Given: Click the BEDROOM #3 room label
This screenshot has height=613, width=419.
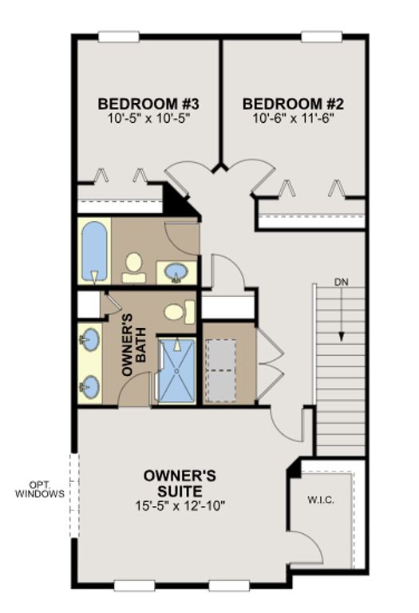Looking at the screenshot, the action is click(x=148, y=104).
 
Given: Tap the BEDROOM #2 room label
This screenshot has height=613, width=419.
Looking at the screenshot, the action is click(x=293, y=104).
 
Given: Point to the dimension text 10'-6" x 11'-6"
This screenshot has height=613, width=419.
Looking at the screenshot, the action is click(x=293, y=118).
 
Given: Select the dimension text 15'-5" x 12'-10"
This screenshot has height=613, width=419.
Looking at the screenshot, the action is click(x=180, y=506).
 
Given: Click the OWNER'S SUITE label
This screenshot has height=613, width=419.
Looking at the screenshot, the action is click(x=180, y=483).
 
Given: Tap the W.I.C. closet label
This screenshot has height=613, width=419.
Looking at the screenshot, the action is click(x=321, y=500).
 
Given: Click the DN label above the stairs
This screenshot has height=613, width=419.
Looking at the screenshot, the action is click(x=342, y=282).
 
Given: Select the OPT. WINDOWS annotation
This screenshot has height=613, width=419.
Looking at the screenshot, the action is click(x=40, y=489).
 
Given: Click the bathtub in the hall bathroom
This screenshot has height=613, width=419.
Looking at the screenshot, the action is click(x=94, y=251).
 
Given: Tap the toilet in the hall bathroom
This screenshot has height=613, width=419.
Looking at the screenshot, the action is click(x=133, y=268).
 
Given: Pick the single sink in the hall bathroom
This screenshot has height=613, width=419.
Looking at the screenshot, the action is click(x=176, y=272).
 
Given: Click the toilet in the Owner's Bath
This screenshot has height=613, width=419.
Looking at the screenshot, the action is click(x=180, y=311).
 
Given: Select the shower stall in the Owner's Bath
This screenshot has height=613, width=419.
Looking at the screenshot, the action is click(x=176, y=370).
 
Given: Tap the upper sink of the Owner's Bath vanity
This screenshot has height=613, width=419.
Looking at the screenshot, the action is click(x=90, y=340).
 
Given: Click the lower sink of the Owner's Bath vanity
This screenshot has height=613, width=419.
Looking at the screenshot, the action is click(x=90, y=387).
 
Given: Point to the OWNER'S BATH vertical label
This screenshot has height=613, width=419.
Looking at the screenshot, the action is click(x=133, y=345).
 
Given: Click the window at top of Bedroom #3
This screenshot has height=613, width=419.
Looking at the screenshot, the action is click(x=119, y=37).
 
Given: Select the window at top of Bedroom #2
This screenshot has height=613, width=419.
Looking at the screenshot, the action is click(x=322, y=37).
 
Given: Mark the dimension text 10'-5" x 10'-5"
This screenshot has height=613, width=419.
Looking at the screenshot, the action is click(x=148, y=118).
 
